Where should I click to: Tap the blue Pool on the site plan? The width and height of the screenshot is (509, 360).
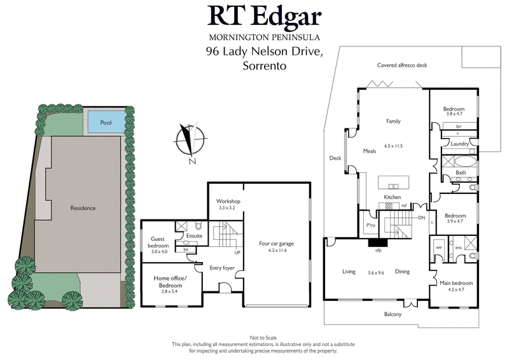pos(106,121)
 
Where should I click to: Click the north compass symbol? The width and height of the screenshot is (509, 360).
pos(186,142)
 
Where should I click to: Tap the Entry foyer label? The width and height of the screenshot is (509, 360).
pos(223,268)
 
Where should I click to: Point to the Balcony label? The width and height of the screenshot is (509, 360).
pos(392,314)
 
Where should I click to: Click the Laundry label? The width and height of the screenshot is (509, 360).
pos(459,144)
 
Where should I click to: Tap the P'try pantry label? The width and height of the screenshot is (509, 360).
pos(368,225)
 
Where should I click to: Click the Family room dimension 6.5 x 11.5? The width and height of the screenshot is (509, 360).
pos(394,146)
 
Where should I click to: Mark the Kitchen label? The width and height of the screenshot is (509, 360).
pos(391,198)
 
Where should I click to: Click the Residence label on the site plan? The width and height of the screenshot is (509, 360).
pos(83,208)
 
